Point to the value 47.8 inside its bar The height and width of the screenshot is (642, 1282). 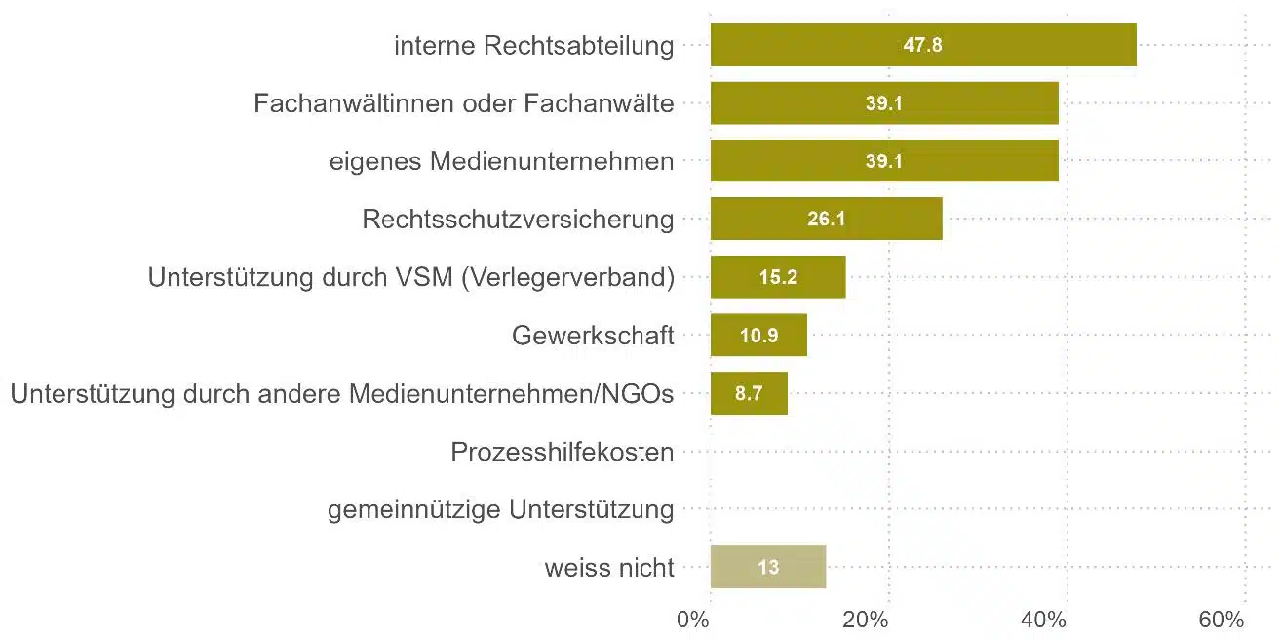[922, 45]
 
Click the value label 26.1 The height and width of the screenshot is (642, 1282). [826, 220]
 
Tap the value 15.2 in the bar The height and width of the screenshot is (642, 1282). [778, 277]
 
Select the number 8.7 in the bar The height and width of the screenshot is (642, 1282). [749, 394]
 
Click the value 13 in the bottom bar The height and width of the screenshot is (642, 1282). [768, 567]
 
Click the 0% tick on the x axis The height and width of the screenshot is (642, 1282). [693, 620]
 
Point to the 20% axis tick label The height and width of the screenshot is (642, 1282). [865, 620]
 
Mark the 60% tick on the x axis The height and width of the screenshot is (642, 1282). [1222, 620]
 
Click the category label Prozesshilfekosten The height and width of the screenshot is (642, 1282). [563, 452]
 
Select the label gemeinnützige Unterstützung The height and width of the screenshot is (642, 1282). [500, 509]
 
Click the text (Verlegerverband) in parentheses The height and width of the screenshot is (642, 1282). [567, 277]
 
